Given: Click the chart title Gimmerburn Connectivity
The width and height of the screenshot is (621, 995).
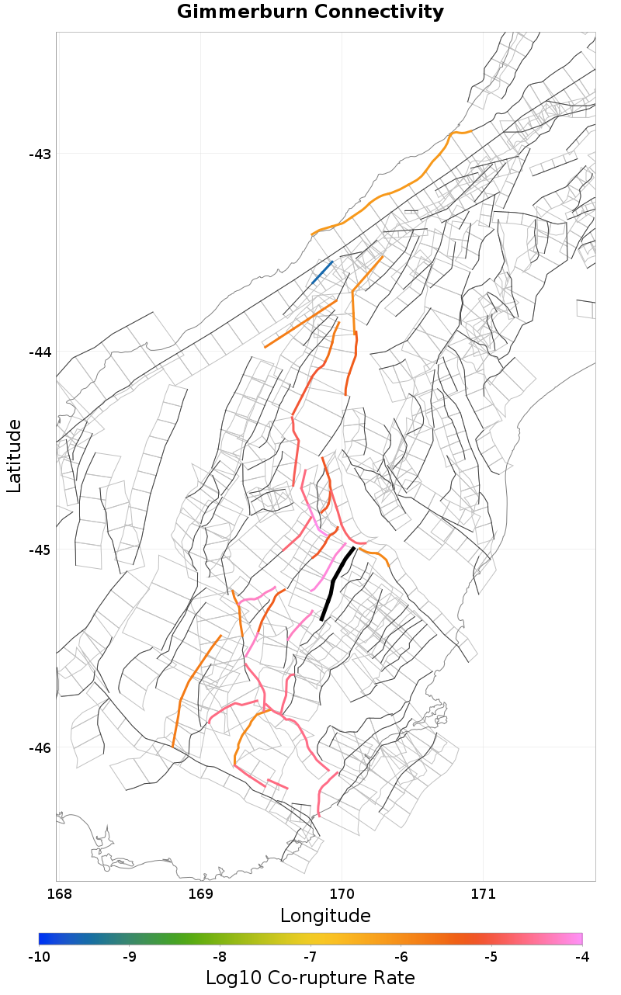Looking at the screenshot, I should coord(310,12).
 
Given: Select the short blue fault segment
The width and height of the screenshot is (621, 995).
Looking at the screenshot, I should coord(321,272).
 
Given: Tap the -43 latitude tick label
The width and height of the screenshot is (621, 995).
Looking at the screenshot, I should coord(39,154).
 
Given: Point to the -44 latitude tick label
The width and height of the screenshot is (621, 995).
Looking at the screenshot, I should coord(39,352).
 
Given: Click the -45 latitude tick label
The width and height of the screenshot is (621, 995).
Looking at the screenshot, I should coord(39,550).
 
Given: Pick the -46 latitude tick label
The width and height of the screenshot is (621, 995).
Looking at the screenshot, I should coord(39,747).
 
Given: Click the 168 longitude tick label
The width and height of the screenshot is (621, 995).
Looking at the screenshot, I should coord(59,894).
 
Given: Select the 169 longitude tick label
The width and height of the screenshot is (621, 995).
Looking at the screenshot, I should coord(200,894).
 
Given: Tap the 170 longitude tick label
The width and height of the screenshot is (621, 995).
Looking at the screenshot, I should coord(342,894).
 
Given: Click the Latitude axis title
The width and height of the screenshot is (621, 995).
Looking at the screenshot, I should coord(14,456).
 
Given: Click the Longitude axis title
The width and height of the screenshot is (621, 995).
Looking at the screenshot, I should coord(325,916).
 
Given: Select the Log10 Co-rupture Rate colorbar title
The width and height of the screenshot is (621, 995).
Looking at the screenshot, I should coord(310,978).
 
